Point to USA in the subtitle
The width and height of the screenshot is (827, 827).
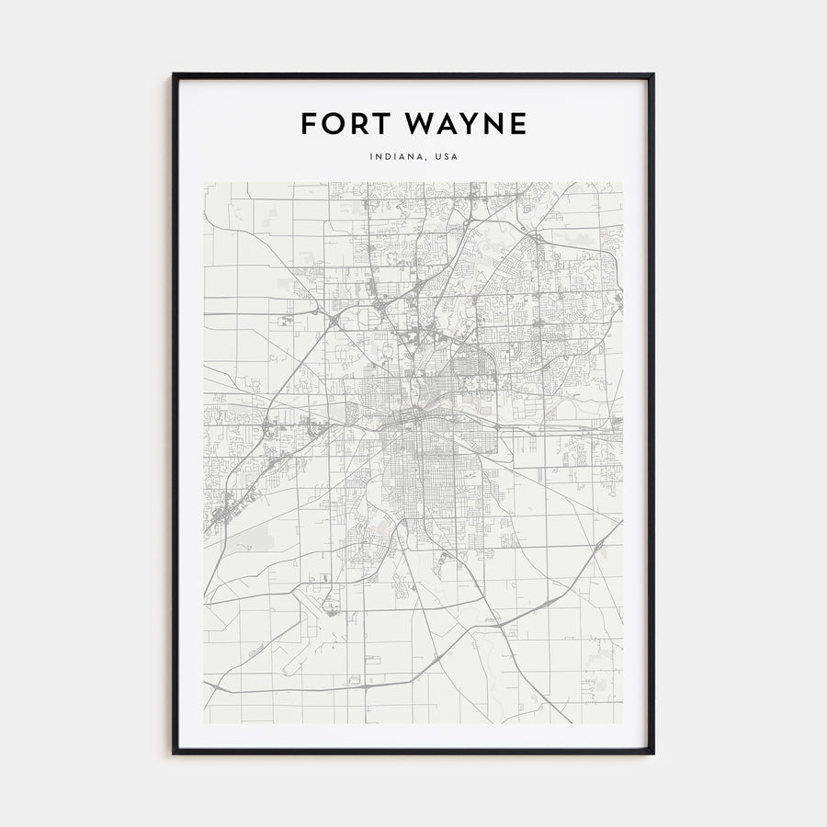[447, 157]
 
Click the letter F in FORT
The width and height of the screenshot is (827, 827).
[308, 123]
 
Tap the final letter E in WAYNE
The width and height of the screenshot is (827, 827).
[519, 123]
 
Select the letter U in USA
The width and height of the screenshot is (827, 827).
[439, 157]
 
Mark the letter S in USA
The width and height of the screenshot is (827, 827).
[447, 157]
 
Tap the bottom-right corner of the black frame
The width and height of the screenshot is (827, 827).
[652, 753]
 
